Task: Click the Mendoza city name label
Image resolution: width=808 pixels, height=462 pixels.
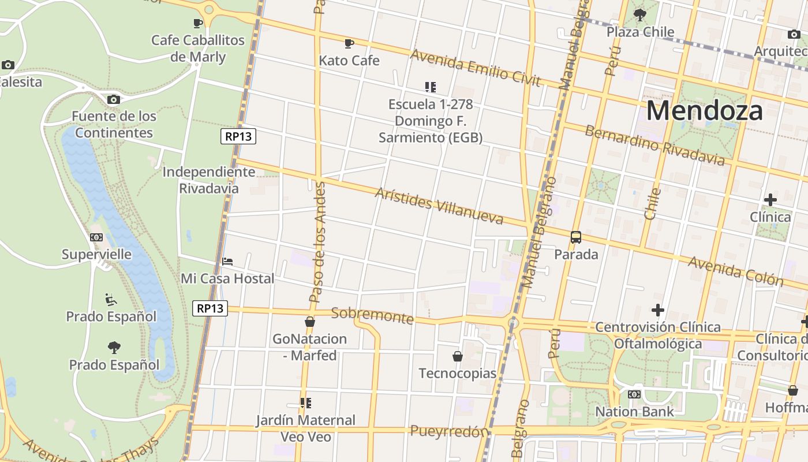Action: (705, 110)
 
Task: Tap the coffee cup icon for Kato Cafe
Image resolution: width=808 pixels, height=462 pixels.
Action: (349, 43)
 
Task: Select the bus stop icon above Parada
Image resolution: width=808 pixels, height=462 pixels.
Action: (576, 237)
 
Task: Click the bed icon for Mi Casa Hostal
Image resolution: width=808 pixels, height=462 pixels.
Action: (227, 262)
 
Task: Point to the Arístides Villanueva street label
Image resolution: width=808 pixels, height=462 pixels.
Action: (439, 206)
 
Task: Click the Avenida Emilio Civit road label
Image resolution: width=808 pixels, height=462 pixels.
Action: (475, 68)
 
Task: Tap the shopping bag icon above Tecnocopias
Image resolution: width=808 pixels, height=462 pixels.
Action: (458, 356)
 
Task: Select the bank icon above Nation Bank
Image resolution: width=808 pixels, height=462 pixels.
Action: (634, 394)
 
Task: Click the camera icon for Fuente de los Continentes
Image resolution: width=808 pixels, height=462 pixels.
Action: (114, 99)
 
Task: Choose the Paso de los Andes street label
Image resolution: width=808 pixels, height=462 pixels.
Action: (317, 243)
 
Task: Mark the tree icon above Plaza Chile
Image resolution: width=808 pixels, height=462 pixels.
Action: (639, 14)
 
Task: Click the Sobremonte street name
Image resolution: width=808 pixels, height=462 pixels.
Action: (372, 315)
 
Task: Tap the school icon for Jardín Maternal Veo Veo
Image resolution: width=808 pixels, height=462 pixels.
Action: (305, 403)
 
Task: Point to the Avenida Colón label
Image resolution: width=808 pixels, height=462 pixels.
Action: (736, 271)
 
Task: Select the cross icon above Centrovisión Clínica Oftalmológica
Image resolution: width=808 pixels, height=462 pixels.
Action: (657, 310)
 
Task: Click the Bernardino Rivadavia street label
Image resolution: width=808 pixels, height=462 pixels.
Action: (654, 145)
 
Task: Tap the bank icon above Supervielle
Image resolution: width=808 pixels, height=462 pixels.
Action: (96, 237)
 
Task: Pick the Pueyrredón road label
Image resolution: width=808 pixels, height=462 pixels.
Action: (449, 431)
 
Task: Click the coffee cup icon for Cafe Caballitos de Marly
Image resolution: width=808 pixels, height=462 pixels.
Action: (198, 23)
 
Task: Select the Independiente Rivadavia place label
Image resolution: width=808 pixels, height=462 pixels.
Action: (208, 180)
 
